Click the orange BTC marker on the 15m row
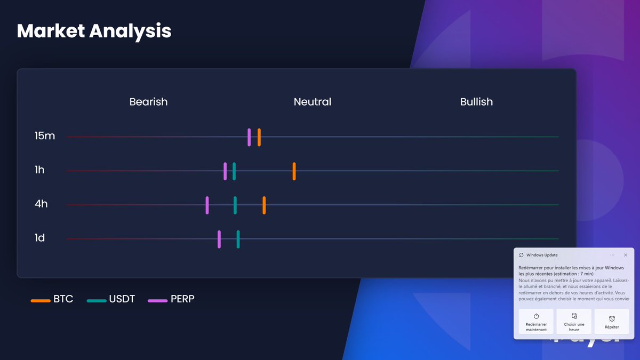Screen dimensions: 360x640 pyautogui.click(x=259, y=137)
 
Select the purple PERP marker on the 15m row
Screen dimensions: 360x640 pyautogui.click(x=249, y=137)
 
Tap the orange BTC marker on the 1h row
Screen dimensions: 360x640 pyautogui.click(x=294, y=171)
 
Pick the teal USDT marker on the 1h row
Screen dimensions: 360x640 pyautogui.click(x=234, y=171)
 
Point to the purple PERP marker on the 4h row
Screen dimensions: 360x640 pyautogui.click(x=207, y=205)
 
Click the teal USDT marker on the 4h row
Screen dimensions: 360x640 pyautogui.click(x=235, y=205)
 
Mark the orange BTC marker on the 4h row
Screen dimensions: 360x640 pyautogui.click(x=264, y=205)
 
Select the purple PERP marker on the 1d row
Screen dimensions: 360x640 pyautogui.click(x=219, y=239)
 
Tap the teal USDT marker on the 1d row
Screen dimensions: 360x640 pyautogui.click(x=238, y=239)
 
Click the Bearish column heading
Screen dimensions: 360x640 pyautogui.click(x=148, y=102)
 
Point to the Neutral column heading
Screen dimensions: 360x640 pyautogui.click(x=313, y=102)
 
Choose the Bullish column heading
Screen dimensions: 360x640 pyautogui.click(x=476, y=102)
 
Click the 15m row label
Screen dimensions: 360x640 pyautogui.click(x=45, y=136)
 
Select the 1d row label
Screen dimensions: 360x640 pyautogui.click(x=39, y=238)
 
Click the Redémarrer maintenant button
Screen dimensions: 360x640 pyautogui.click(x=536, y=322)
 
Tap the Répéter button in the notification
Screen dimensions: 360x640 pyautogui.click(x=612, y=322)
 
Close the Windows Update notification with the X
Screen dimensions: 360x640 pyautogui.click(x=626, y=255)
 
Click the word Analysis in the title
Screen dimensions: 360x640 pyautogui.click(x=130, y=31)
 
